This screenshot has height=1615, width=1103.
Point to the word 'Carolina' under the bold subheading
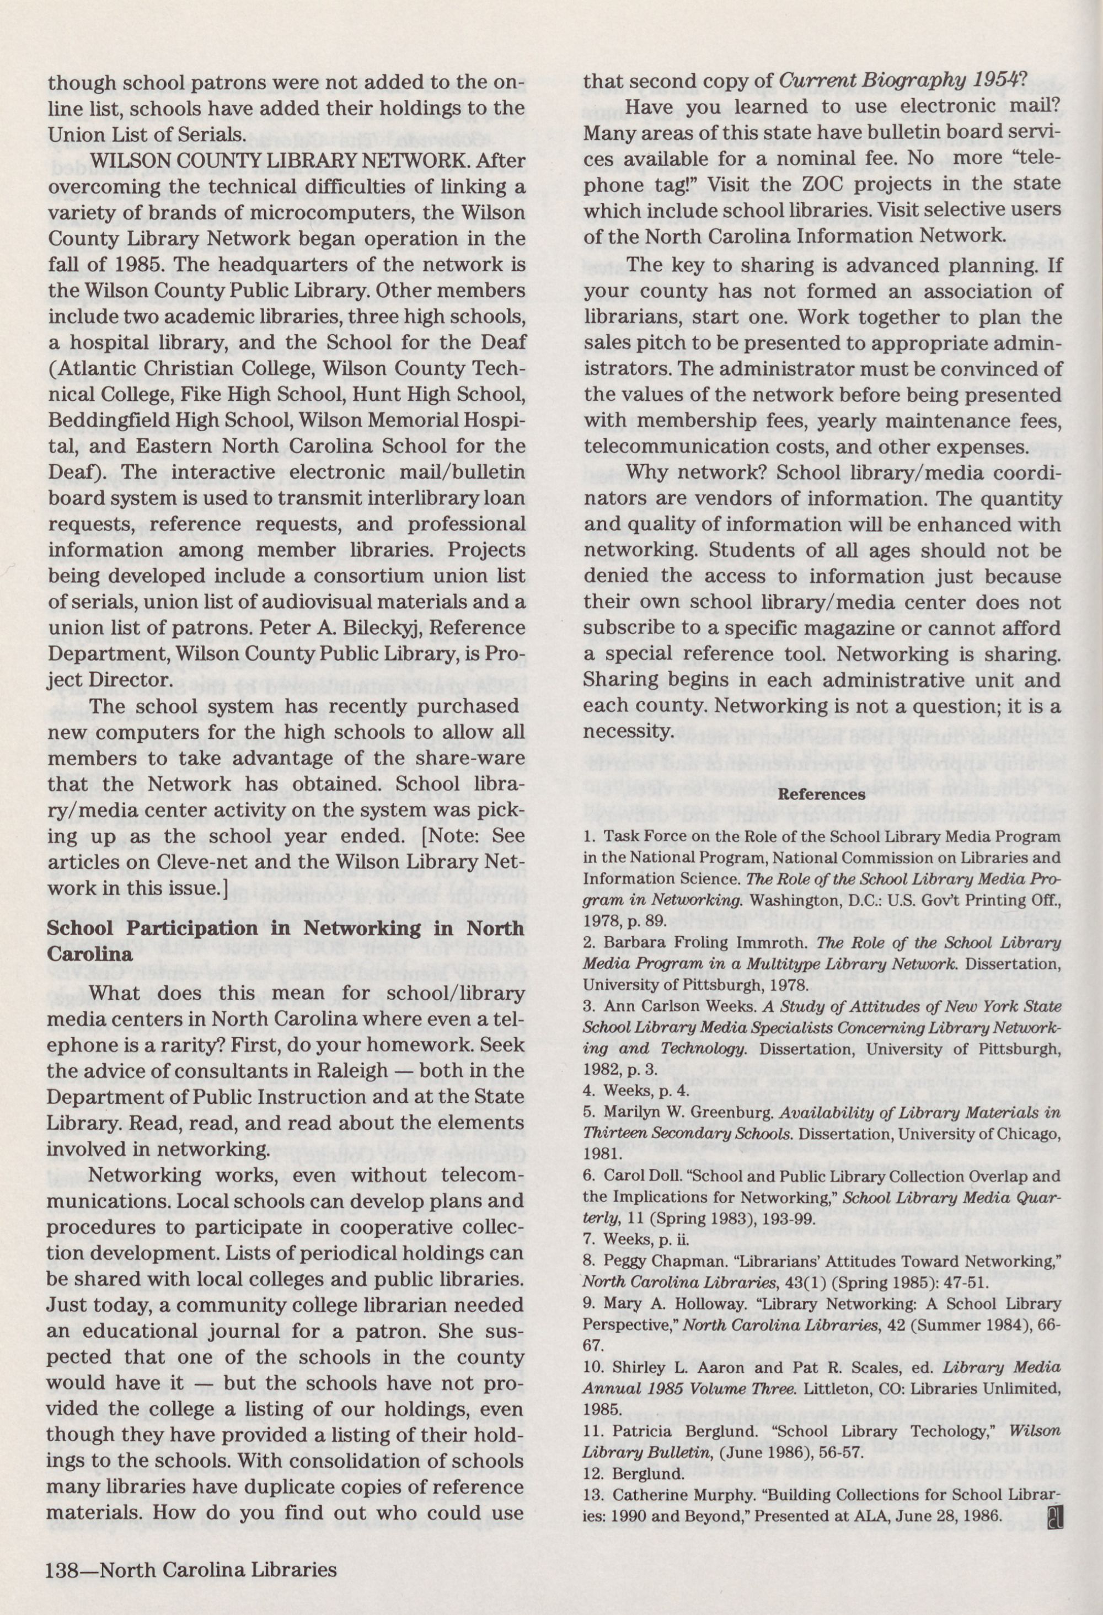[x=90, y=953]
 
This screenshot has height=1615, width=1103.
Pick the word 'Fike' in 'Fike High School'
[x=197, y=394]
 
